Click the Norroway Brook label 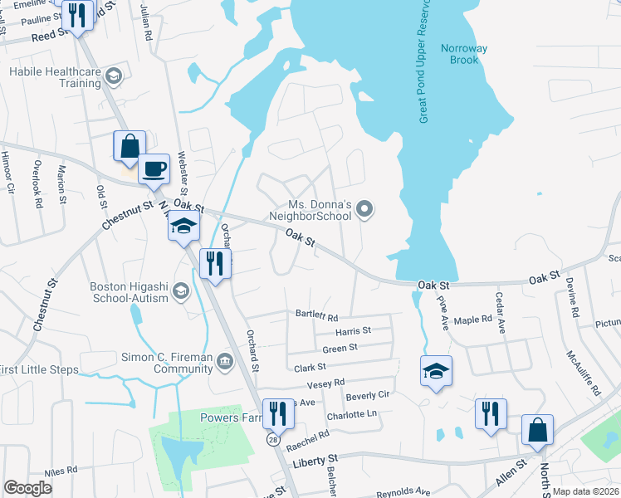tap(463, 54)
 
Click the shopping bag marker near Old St tap(130, 147)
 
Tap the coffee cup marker tap(154, 169)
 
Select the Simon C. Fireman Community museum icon tap(224, 359)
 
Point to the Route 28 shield tap(273, 438)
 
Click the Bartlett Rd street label tap(317, 317)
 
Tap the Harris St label tap(352, 330)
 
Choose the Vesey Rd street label tap(325, 383)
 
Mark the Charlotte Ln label tap(351, 414)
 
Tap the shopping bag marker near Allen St tap(537, 431)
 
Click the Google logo tap(27, 488)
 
